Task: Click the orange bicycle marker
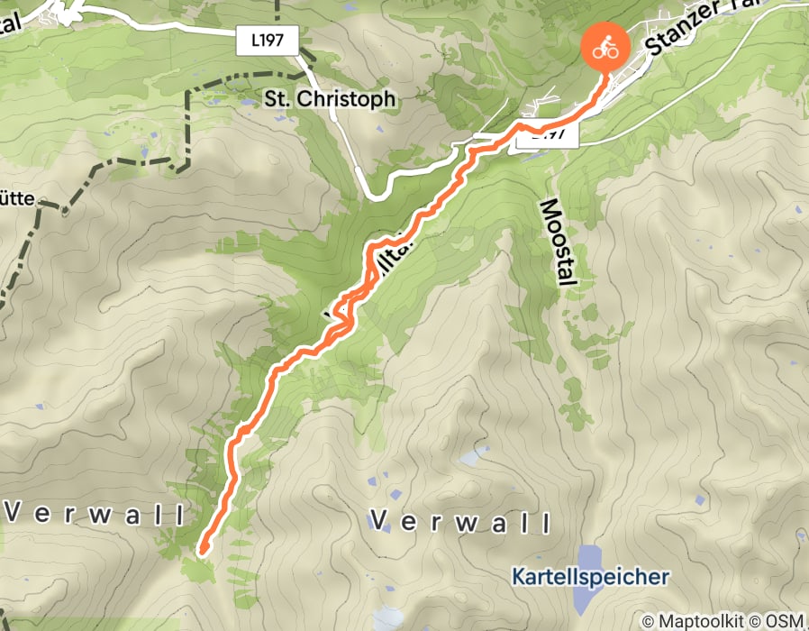(605, 49)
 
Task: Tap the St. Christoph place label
(331, 99)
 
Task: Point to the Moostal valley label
(556, 242)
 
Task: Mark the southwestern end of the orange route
(204, 547)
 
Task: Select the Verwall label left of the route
(95, 515)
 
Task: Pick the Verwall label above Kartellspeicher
(460, 522)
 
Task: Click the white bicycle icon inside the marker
(605, 48)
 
